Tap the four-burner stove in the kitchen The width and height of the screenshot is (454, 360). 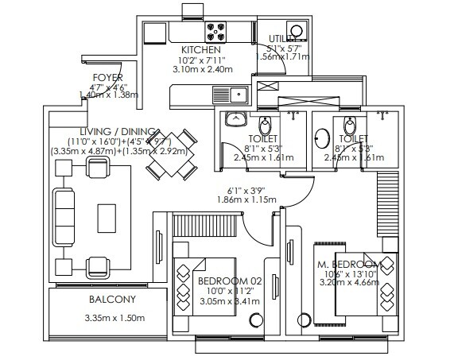click(x=216, y=32)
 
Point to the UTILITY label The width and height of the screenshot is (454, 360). click(x=282, y=38)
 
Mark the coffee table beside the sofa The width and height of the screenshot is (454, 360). click(x=105, y=215)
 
